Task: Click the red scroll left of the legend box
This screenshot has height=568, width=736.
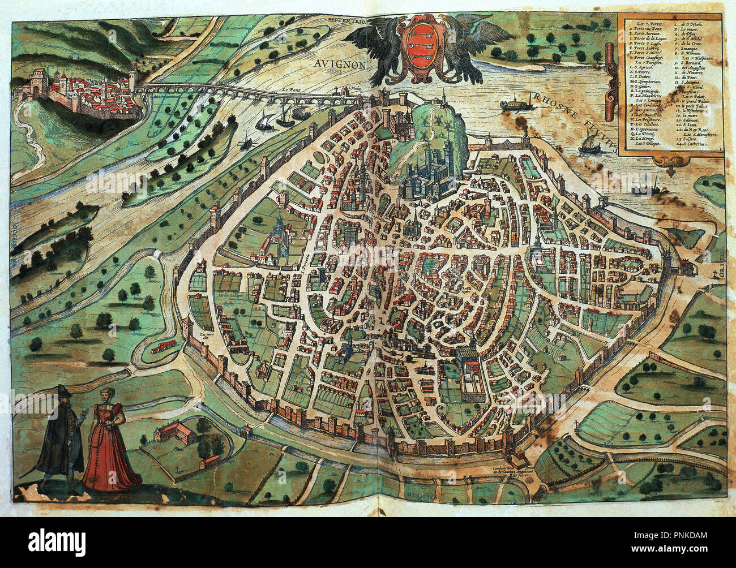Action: click(x=610, y=71)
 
